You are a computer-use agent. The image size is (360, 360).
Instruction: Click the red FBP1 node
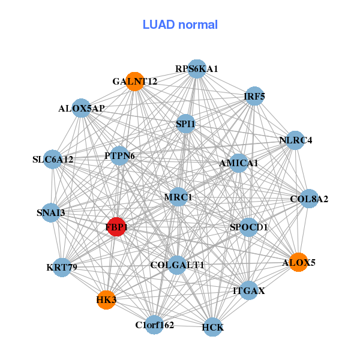point(116,227)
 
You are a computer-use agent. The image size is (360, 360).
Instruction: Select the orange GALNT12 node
point(135,81)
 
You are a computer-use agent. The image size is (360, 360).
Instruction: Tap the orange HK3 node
point(106,299)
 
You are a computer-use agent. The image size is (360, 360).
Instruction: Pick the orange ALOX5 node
point(298,262)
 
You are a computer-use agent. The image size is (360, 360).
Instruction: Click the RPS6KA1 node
point(197,69)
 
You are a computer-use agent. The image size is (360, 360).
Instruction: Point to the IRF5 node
point(254,96)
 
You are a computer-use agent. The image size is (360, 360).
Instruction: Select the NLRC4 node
point(296,140)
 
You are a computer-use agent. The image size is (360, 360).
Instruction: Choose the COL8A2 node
point(309,199)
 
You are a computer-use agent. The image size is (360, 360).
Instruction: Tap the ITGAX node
point(248,291)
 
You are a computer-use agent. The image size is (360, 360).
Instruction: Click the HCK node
point(213,327)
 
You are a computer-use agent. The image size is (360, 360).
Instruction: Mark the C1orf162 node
point(154,325)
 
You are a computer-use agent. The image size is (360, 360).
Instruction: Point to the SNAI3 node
point(51,212)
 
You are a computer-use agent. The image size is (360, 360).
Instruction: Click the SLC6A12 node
point(53,160)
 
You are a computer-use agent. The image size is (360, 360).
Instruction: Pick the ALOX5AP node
point(82,109)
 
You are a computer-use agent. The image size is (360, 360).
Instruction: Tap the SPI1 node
point(185,124)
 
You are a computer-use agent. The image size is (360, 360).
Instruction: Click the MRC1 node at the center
point(178,197)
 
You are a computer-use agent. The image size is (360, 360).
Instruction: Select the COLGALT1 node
point(177,265)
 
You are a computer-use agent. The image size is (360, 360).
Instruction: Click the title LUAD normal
point(180,25)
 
